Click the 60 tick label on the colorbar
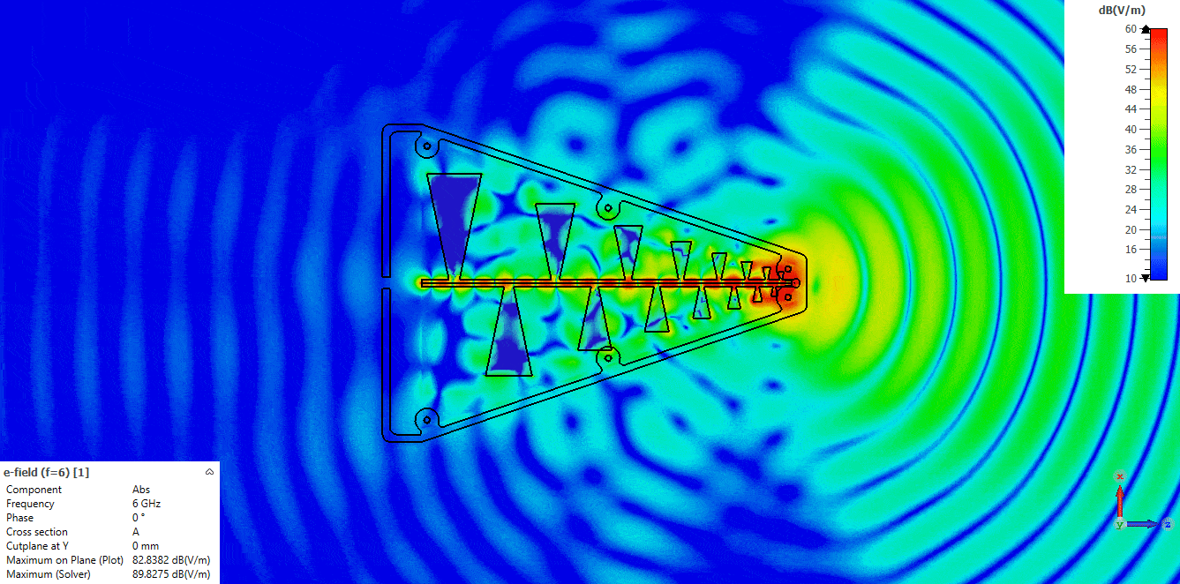coord(1131,29)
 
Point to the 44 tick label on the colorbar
coord(1131,109)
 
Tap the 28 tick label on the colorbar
coord(1131,189)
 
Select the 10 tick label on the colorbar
coord(1131,278)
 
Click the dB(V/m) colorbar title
coord(1122,10)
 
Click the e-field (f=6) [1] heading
coord(47,472)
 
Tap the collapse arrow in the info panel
coord(209,472)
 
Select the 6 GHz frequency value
coord(147,504)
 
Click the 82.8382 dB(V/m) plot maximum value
coord(171,560)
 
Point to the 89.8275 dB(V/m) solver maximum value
coord(171,574)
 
